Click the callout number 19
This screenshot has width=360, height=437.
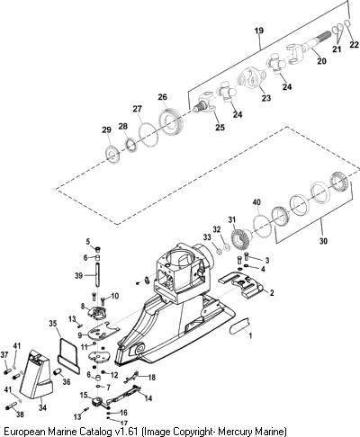point(259,31)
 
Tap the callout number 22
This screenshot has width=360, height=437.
point(355,45)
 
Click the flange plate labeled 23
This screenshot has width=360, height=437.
point(251,77)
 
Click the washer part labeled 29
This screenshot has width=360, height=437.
point(113,154)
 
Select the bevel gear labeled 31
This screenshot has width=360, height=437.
point(241,237)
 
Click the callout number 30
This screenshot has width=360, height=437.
point(323,241)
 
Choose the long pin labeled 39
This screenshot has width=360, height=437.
point(98,274)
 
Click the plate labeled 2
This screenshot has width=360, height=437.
point(241,285)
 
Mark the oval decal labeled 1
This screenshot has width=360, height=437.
point(239,326)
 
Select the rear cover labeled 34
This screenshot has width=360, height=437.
point(36,374)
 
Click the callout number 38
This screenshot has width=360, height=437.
point(20,415)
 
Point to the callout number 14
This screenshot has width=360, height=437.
point(148,398)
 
